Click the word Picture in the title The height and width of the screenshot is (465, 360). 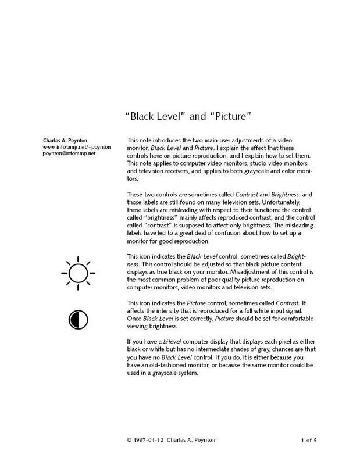coord(229,116)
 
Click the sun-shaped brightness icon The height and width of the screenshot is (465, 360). coord(77,271)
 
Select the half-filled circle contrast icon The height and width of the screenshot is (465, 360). coord(77,317)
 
